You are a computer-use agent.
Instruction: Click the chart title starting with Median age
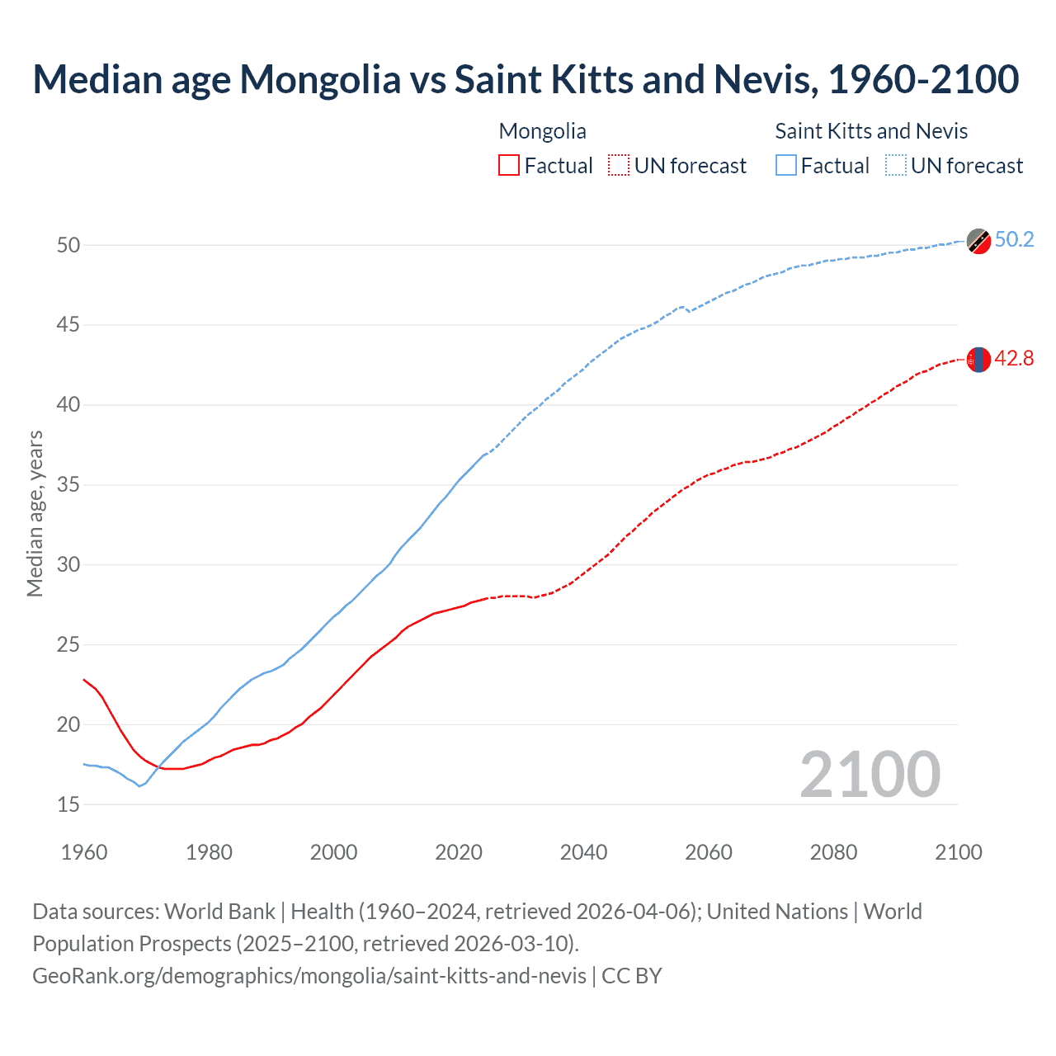tap(526, 79)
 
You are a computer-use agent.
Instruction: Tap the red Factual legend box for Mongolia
tap(509, 165)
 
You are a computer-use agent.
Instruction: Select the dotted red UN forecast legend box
tap(619, 165)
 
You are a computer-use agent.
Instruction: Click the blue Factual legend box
tap(786, 165)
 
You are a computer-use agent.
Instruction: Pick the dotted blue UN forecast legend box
tap(896, 165)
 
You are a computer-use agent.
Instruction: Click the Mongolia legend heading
tap(542, 131)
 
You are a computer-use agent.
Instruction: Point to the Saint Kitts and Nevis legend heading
tap(871, 131)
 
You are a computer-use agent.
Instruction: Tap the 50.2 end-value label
tap(1014, 240)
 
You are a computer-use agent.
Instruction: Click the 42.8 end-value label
tap(1014, 359)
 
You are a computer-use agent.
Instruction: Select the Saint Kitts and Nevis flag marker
tap(978, 241)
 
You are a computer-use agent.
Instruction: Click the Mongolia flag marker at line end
tap(978, 360)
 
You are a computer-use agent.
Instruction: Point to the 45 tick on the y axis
tap(68, 325)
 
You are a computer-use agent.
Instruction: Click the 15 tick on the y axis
tap(68, 804)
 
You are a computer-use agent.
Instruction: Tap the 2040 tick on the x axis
tap(583, 852)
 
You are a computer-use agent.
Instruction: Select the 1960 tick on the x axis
tap(84, 852)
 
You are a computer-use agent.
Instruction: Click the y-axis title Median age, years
tap(35, 513)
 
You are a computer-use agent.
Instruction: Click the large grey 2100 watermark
tap(870, 774)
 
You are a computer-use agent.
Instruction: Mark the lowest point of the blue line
tap(139, 786)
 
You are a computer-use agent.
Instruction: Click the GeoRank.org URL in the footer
tap(309, 976)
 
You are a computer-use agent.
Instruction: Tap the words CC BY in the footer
tap(632, 976)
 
